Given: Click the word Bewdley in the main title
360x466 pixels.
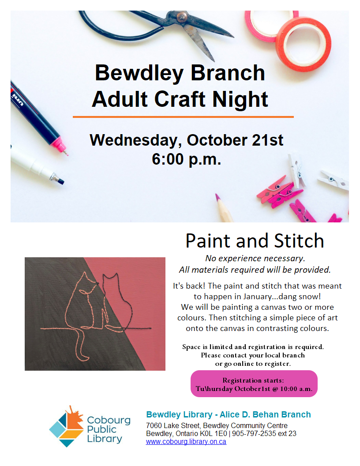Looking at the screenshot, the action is pyautogui.click(x=139, y=73).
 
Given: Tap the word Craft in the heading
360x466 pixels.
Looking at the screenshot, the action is pyautogui.click(x=180, y=99).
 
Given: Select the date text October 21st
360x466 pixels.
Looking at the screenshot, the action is pyautogui.click(x=235, y=140).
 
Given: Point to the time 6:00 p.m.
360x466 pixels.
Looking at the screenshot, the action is pyautogui.click(x=187, y=159).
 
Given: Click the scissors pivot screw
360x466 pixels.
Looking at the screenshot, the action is pyautogui.click(x=181, y=17).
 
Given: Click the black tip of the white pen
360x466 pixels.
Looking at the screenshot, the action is pyautogui.click(x=61, y=180).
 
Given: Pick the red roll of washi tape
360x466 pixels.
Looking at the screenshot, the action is pyautogui.click(x=304, y=45).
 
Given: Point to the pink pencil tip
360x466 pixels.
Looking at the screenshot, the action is pyautogui.click(x=218, y=197).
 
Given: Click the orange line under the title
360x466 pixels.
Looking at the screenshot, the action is pyautogui.click(x=183, y=117).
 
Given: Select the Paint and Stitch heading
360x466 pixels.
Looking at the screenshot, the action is pyautogui.click(x=255, y=241).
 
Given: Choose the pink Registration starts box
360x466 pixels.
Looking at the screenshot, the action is pyautogui.click(x=254, y=383).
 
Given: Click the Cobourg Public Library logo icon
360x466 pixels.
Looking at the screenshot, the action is pyautogui.click(x=67, y=427).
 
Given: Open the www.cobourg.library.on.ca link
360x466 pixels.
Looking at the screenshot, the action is pyautogui.click(x=186, y=442).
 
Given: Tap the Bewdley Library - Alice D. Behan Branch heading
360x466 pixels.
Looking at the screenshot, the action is pyautogui.click(x=229, y=414).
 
